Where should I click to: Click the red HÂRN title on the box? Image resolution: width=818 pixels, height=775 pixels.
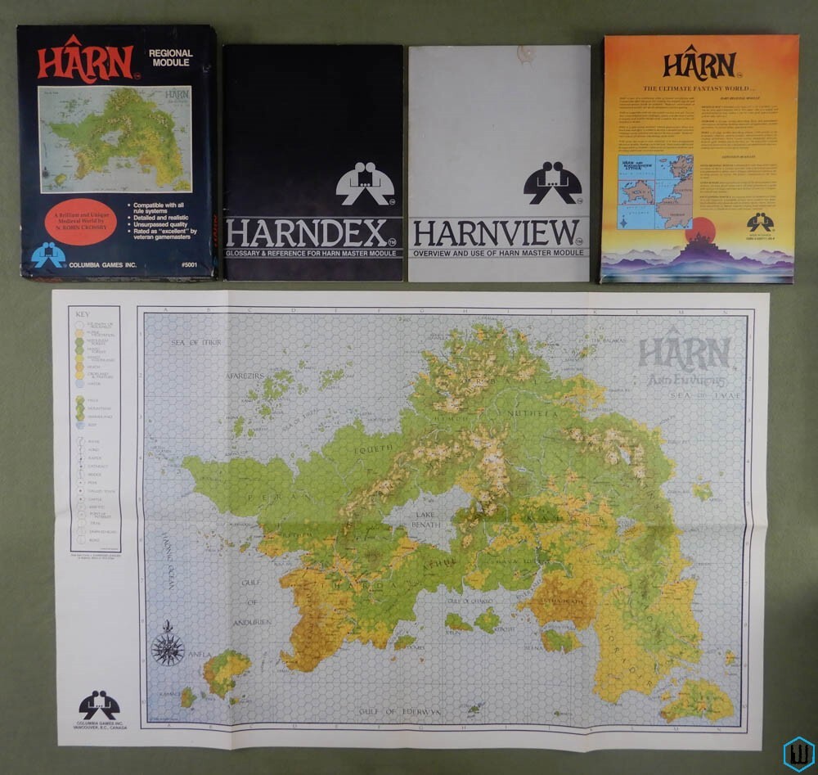tap(85, 61)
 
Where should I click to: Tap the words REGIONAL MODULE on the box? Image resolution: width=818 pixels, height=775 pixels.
tap(170, 59)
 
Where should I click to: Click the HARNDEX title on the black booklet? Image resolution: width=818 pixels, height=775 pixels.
tap(306, 233)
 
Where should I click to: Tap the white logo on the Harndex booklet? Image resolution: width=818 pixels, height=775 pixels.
tap(365, 183)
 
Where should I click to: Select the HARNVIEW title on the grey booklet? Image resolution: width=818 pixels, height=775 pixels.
tap(496, 233)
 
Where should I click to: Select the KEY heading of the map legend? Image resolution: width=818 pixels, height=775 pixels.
tap(83, 313)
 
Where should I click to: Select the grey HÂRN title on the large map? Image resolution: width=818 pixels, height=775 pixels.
tap(684, 354)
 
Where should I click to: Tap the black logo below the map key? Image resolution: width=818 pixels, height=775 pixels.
tap(99, 705)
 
